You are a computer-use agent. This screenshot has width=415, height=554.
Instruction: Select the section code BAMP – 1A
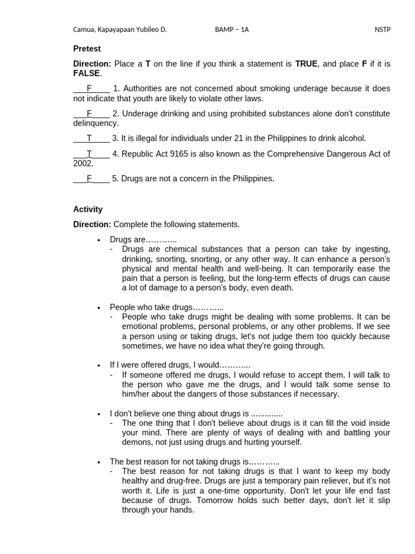[232, 30]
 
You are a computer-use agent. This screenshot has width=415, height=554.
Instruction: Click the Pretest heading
[87, 49]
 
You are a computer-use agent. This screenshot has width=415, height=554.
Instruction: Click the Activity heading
[88, 209]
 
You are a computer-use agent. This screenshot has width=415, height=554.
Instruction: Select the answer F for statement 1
[90, 89]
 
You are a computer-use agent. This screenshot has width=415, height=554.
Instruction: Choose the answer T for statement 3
[90, 138]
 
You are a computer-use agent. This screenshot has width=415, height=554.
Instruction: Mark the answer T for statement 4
[90, 154]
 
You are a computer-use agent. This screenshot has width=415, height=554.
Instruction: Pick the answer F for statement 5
[90, 179]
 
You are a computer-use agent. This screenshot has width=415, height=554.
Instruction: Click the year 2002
[83, 163]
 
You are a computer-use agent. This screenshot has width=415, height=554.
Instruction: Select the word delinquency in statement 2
[96, 123]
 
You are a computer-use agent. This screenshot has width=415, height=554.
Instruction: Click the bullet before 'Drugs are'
[98, 240]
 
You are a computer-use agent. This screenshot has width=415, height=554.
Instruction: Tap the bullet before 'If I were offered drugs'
[98, 365]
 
